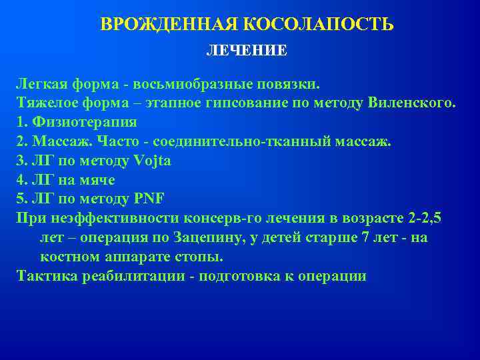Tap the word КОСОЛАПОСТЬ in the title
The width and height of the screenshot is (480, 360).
point(318,25)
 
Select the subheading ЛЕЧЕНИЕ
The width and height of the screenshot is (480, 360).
point(247,51)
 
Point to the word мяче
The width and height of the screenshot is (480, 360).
point(97,180)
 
